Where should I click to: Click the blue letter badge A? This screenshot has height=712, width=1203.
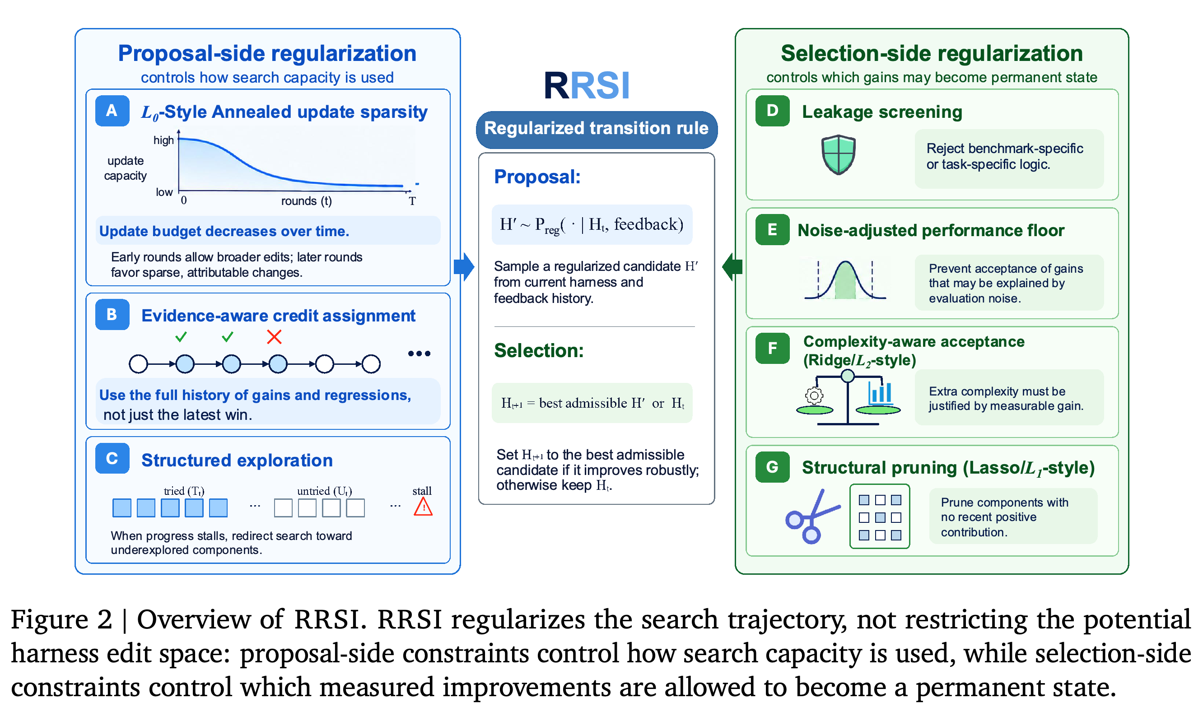[x=112, y=111]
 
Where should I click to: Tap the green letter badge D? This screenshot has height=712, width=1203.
[x=772, y=111]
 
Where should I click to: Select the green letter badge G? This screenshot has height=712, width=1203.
[x=772, y=467]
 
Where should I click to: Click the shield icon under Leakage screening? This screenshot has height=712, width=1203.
[x=838, y=154]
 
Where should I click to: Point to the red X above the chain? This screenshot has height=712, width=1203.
[x=274, y=337]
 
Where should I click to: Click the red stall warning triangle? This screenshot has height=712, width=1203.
[x=423, y=507]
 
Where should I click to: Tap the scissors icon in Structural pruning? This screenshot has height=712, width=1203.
[x=812, y=516]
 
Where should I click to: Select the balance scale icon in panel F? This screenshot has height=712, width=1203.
[x=848, y=398]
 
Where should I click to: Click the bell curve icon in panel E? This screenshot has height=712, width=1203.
[x=845, y=280]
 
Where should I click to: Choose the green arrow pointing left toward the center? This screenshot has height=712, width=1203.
[x=732, y=267]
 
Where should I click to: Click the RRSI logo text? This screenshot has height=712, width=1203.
[x=587, y=85]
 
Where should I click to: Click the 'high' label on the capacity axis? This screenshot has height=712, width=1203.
[x=163, y=140]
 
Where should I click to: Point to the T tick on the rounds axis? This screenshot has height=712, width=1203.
[x=412, y=201]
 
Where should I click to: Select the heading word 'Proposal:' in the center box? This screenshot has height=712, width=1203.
[x=537, y=177]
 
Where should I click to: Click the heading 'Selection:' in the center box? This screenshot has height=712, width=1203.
[x=538, y=351]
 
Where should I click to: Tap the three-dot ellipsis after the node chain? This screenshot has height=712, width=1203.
[x=419, y=354]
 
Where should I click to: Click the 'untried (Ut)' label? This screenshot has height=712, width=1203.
[x=324, y=491]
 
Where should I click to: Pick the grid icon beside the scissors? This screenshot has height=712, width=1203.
[x=880, y=516]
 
